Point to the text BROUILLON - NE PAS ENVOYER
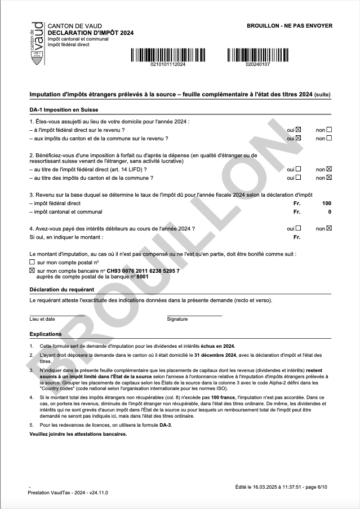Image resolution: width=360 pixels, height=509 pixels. pyautogui.click(x=290, y=25)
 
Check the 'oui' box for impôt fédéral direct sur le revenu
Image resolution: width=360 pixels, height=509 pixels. pyautogui.click(x=299, y=130)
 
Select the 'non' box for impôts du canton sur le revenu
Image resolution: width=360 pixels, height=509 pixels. pyautogui.click(x=329, y=138)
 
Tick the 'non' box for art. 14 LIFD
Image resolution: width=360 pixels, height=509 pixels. pyautogui.click(x=329, y=169)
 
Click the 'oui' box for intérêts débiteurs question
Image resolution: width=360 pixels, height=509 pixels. pyautogui.click(x=299, y=228)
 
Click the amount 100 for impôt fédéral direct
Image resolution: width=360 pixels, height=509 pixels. pyautogui.click(x=327, y=203)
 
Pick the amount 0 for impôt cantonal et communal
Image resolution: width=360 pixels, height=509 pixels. pyautogui.click(x=330, y=212)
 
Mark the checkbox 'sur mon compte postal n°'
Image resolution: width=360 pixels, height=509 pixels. pyautogui.click(x=32, y=263)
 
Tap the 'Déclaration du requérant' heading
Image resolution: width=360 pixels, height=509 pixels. pyautogui.click(x=62, y=289)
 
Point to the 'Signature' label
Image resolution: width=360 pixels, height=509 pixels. pyautogui.click(x=177, y=319)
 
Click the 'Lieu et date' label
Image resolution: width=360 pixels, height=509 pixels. pyautogui.click(x=42, y=319)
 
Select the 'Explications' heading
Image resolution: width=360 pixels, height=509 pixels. pyautogui.click(x=46, y=334)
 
